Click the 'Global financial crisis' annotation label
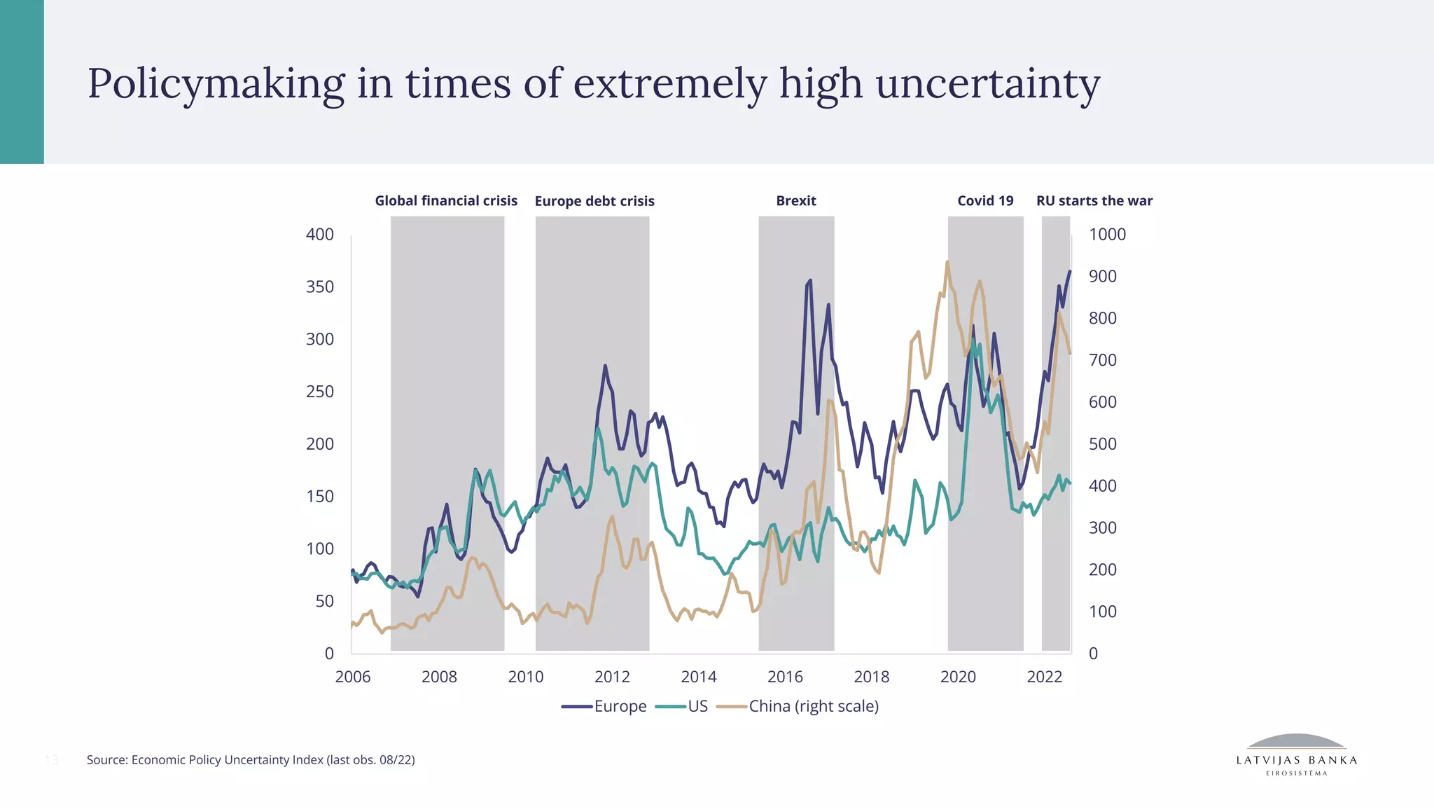446,201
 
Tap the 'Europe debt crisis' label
594,202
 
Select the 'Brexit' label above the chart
796,201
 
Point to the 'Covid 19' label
985,201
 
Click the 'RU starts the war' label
1094,201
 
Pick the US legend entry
682,706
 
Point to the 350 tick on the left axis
320,287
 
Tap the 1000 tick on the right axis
1107,235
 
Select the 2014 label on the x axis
699,677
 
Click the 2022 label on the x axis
1045,677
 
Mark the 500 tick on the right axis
1102,444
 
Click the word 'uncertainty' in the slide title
987,84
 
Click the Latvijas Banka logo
1297,755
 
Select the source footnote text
251,760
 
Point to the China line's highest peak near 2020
947,263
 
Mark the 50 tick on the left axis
324,601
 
